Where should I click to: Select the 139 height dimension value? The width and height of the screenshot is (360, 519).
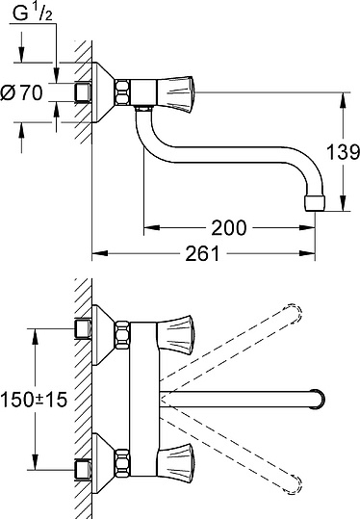342,152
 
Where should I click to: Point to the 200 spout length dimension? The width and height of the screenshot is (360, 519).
228,228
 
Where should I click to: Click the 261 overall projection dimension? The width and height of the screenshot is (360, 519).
203,253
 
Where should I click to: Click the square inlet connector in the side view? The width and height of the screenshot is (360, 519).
83,92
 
